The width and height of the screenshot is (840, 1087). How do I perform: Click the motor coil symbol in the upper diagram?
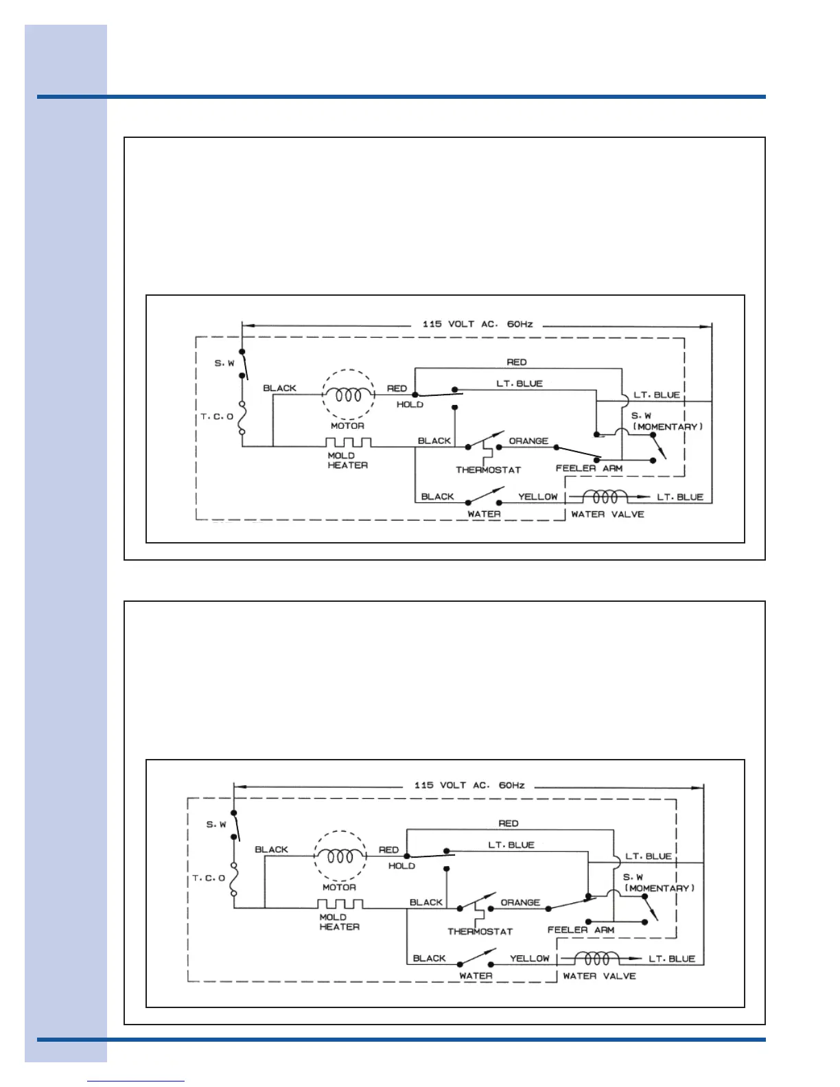[x=349, y=395]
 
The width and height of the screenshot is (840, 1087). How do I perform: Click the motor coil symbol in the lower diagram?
[x=340, y=856]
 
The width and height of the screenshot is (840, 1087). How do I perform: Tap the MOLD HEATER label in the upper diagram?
[x=347, y=460]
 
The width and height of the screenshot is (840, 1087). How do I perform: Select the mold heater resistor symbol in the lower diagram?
[x=340, y=904]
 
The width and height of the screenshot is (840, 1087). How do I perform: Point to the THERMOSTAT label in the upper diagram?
[x=488, y=470]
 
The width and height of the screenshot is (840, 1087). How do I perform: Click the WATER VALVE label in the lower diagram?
[x=599, y=976]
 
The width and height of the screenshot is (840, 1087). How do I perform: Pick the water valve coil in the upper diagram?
[x=605, y=496]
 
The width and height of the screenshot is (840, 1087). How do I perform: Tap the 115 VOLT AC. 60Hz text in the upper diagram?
[x=477, y=324]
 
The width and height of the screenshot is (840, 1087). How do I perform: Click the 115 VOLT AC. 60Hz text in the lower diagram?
[x=469, y=785]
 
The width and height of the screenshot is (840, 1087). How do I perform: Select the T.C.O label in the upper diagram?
[x=217, y=417]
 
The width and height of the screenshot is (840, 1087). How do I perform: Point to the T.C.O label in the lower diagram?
[x=209, y=878]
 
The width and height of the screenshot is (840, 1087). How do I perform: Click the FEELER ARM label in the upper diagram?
[x=589, y=469]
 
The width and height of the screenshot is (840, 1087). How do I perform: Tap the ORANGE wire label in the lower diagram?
[x=520, y=902]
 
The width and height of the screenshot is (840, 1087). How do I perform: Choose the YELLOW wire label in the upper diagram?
[x=537, y=497]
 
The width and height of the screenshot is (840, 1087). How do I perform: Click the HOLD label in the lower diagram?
[x=401, y=866]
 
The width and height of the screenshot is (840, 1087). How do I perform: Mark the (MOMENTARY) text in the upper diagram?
[x=667, y=427]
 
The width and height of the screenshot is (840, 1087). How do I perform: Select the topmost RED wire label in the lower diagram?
[x=509, y=823]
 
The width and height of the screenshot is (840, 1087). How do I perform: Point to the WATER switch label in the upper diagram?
[x=484, y=514]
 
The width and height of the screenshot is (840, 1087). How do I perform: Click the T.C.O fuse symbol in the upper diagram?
[x=242, y=417]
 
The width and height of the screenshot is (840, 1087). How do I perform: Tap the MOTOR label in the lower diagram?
[x=339, y=887]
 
